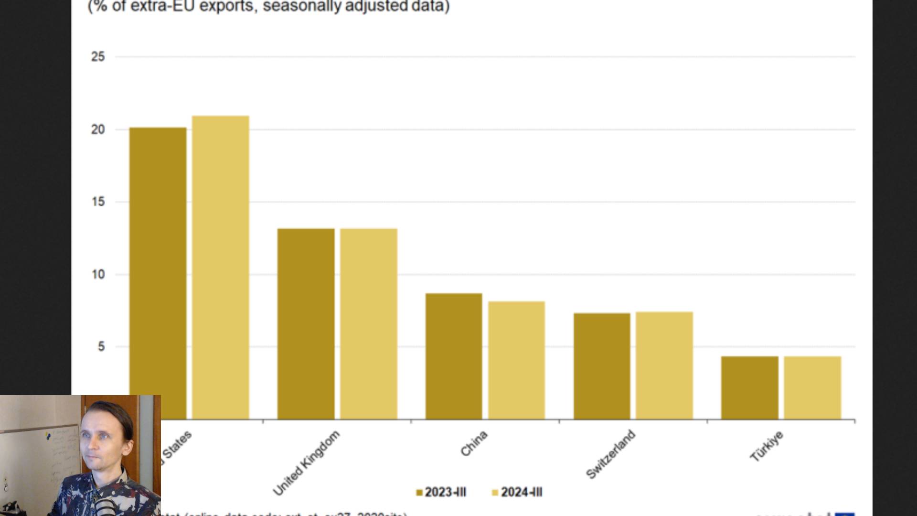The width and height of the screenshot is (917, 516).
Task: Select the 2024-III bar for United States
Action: click(x=221, y=268)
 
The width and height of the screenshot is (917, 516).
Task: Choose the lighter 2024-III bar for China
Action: click(x=516, y=360)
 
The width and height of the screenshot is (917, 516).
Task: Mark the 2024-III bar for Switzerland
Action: click(x=664, y=365)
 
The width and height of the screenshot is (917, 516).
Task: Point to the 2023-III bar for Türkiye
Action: click(x=750, y=387)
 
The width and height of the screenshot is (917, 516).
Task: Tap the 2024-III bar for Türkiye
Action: click(x=812, y=387)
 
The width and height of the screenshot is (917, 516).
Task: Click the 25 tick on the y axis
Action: click(x=98, y=57)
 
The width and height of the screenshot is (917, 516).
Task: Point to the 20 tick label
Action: click(x=98, y=129)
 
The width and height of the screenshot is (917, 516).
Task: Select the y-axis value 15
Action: click(x=98, y=202)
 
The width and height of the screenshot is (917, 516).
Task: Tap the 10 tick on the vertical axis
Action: click(x=98, y=275)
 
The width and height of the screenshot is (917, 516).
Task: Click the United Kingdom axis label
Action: click(x=307, y=462)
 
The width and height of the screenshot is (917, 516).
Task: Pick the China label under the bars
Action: click(x=474, y=443)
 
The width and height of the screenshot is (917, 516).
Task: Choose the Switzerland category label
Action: click(x=611, y=454)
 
